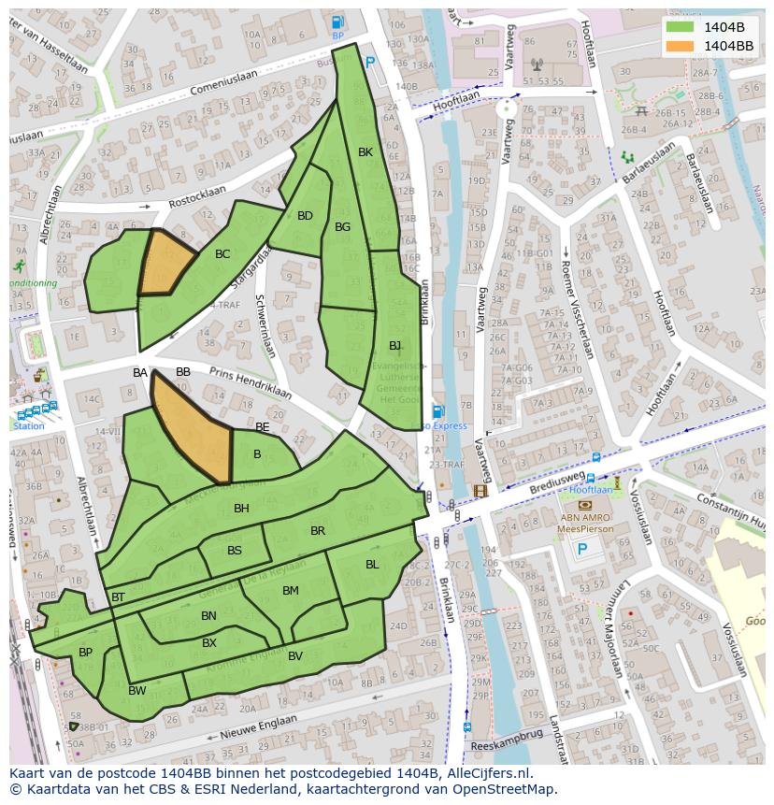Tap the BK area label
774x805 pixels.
365,151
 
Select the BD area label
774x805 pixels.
305,216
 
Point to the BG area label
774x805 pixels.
342,227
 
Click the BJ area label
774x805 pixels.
395,346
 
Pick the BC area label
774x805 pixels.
222,254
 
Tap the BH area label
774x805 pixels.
241,509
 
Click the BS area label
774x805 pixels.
234,551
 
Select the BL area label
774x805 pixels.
372,564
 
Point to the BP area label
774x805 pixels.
85,653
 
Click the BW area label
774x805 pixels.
137,691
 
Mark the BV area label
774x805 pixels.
294,656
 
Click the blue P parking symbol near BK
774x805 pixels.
370,63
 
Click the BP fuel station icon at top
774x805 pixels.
337,22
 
